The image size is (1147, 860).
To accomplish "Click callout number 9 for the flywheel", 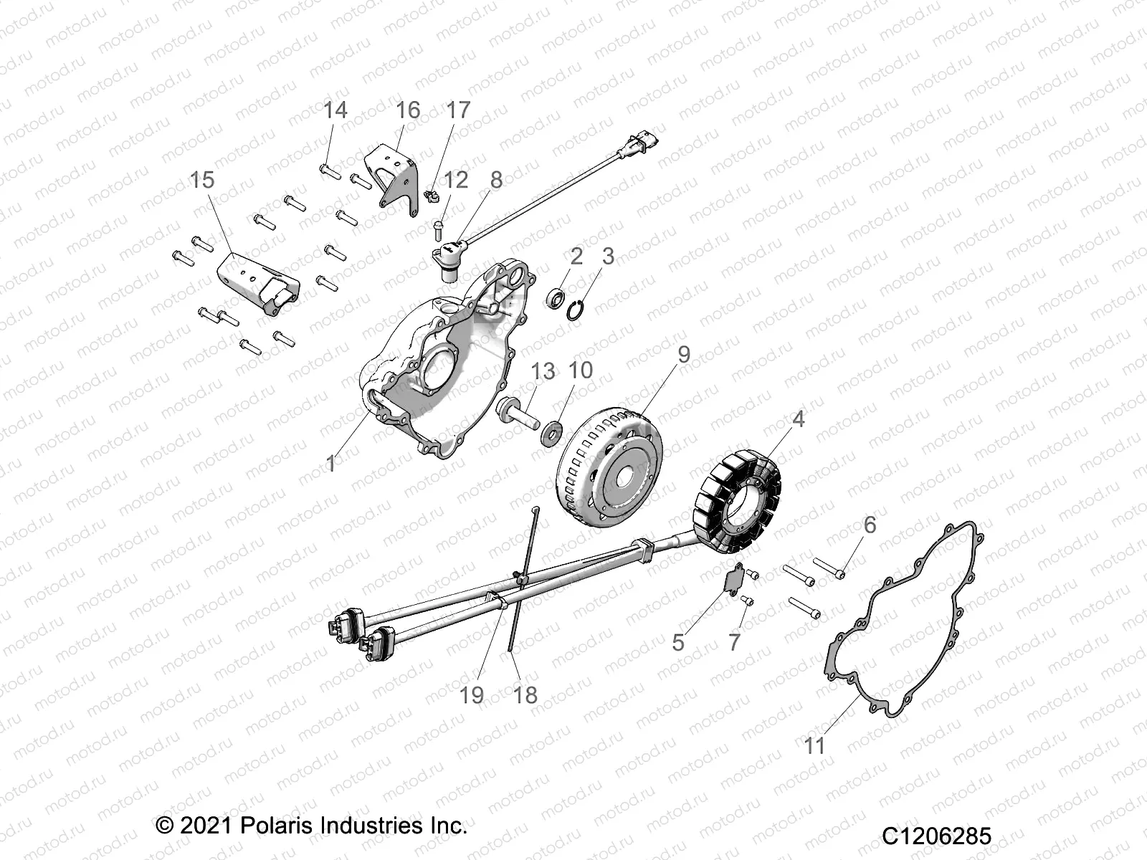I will [x=683, y=354].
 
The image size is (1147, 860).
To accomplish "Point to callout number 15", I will [x=202, y=179].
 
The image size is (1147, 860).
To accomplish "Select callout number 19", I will [x=471, y=694].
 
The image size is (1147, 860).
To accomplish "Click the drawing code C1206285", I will [x=936, y=836].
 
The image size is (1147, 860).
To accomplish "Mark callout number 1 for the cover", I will [x=330, y=464].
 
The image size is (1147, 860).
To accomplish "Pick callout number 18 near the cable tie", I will [x=525, y=694].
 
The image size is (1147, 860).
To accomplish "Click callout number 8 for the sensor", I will [x=496, y=179].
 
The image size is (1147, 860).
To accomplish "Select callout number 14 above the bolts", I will [x=335, y=110].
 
